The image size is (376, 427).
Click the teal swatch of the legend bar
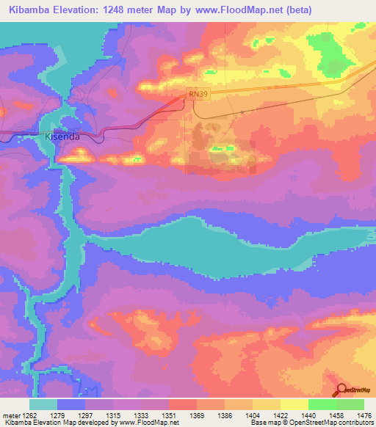[x=43, y=404]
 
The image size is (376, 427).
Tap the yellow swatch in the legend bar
[x=294, y=404]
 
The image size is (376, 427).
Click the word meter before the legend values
[x=10, y=415]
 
